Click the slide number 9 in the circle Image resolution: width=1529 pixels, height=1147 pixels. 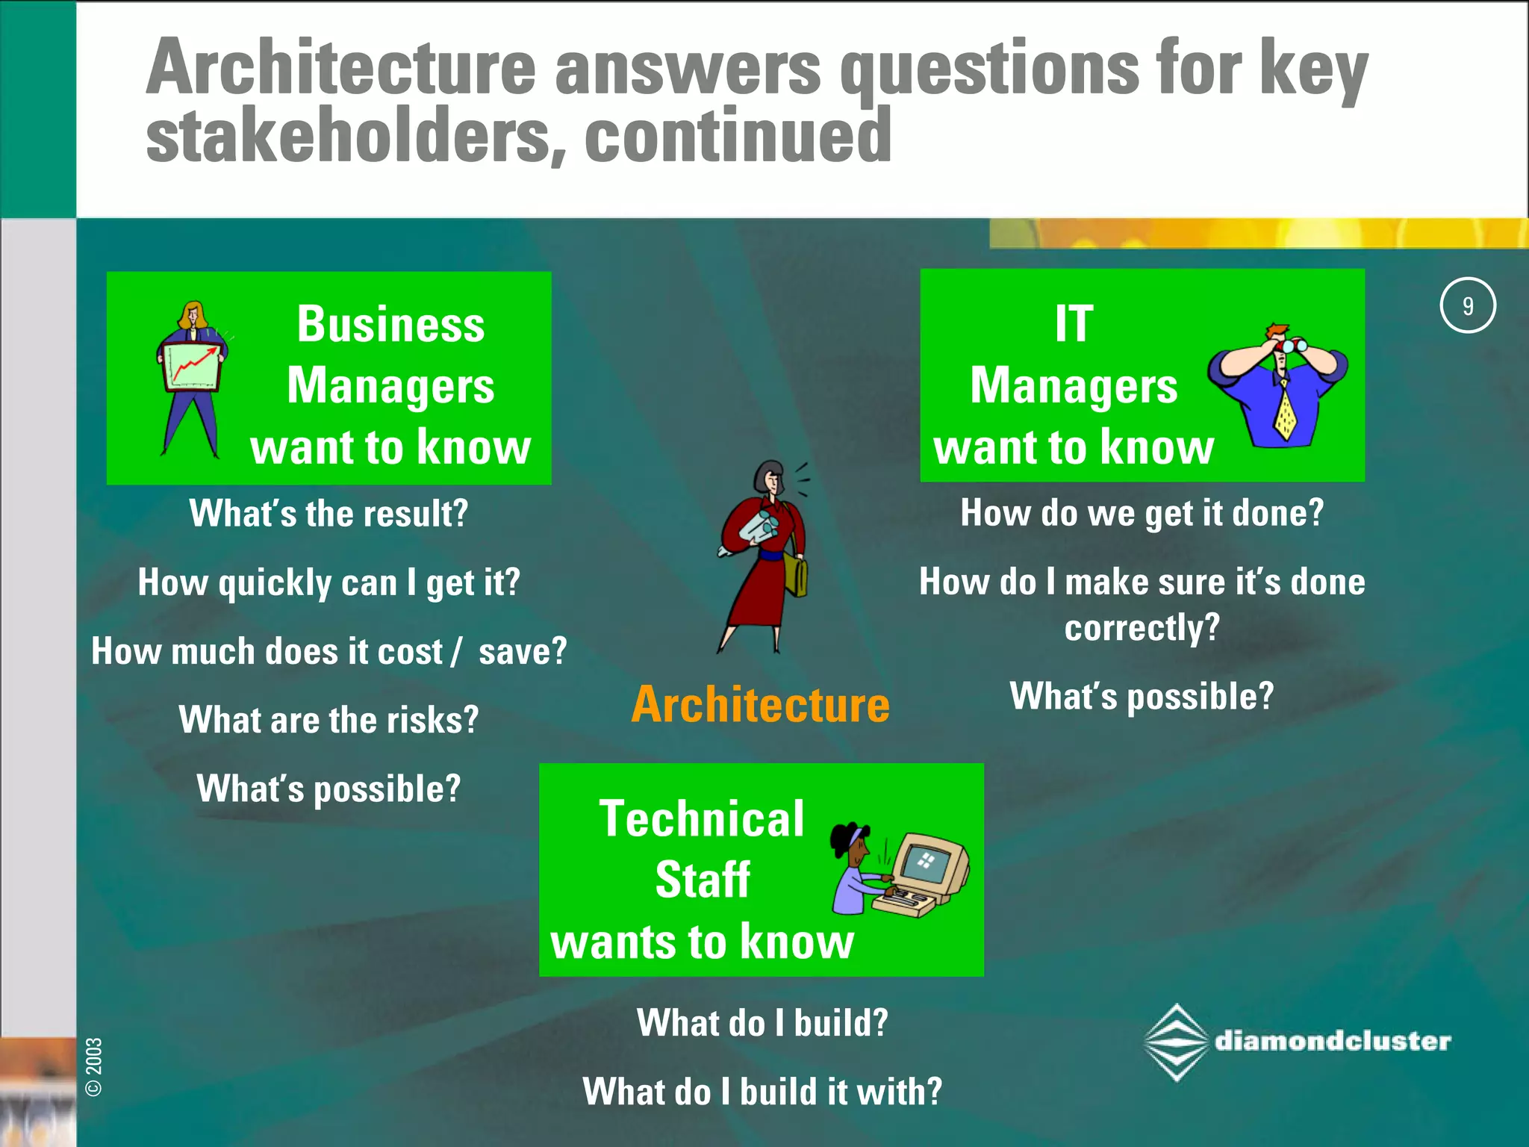pos(1467,305)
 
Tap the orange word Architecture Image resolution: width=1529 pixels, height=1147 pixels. pos(760,705)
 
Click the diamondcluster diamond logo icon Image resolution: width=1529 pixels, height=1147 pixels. pos(1176,1042)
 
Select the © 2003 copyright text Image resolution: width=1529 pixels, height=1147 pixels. pos(94,1066)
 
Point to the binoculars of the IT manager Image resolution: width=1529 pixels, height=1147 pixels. pos(1289,345)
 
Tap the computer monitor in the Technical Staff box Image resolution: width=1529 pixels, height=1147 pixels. pos(930,866)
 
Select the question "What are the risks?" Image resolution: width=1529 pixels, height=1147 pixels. pos(328,721)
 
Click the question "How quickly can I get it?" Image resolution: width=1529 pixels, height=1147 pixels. pos(328,582)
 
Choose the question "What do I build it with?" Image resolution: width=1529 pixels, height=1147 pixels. pos(762,1092)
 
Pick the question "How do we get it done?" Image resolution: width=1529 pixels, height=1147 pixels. pos(1142,514)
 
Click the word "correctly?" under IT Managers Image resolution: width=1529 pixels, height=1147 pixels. pos(1142,627)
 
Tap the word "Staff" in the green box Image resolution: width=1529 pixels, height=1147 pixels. pos(702,880)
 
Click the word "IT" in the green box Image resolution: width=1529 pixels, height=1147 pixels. pos(1074,325)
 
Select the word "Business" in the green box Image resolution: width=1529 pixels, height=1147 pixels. pos(390,325)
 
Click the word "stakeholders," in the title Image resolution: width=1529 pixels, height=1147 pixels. pos(355,137)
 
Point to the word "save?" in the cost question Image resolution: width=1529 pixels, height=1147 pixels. pos(523,652)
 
